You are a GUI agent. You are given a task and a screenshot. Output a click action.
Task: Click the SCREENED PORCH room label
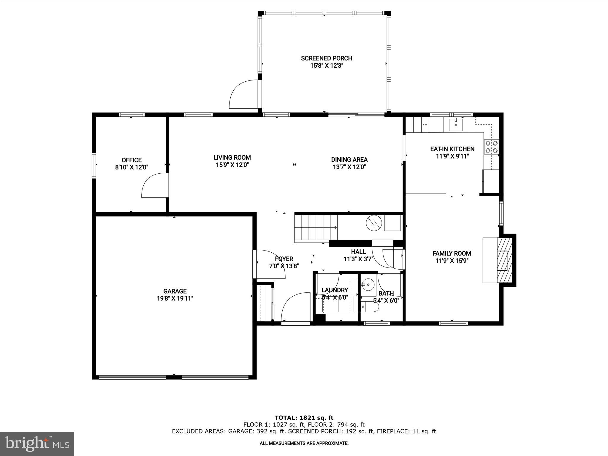[327, 58]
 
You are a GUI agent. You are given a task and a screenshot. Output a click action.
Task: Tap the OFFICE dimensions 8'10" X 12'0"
[132, 167]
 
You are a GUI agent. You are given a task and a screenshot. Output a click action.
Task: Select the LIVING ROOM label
[232, 158]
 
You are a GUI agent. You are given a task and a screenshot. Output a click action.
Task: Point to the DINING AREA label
[349, 160]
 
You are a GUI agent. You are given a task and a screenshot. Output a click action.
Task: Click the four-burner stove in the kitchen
[491, 147]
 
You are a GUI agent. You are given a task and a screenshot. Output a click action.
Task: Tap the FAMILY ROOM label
[452, 253]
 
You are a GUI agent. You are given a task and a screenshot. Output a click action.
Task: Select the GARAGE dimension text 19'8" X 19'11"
[175, 298]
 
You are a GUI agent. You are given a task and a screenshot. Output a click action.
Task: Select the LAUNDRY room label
[335, 290]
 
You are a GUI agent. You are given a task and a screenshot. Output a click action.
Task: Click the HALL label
[358, 252]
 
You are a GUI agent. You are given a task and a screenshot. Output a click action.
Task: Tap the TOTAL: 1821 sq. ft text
[304, 418]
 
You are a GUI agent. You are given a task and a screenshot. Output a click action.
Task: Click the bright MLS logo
[37, 444]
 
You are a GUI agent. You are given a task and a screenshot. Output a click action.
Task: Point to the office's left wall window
[94, 165]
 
